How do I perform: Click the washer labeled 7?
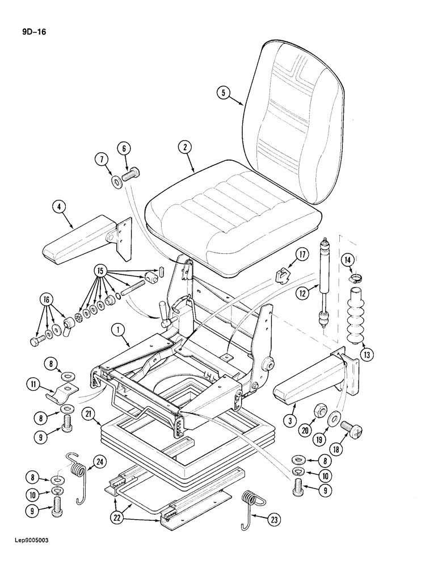[x=117, y=182]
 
